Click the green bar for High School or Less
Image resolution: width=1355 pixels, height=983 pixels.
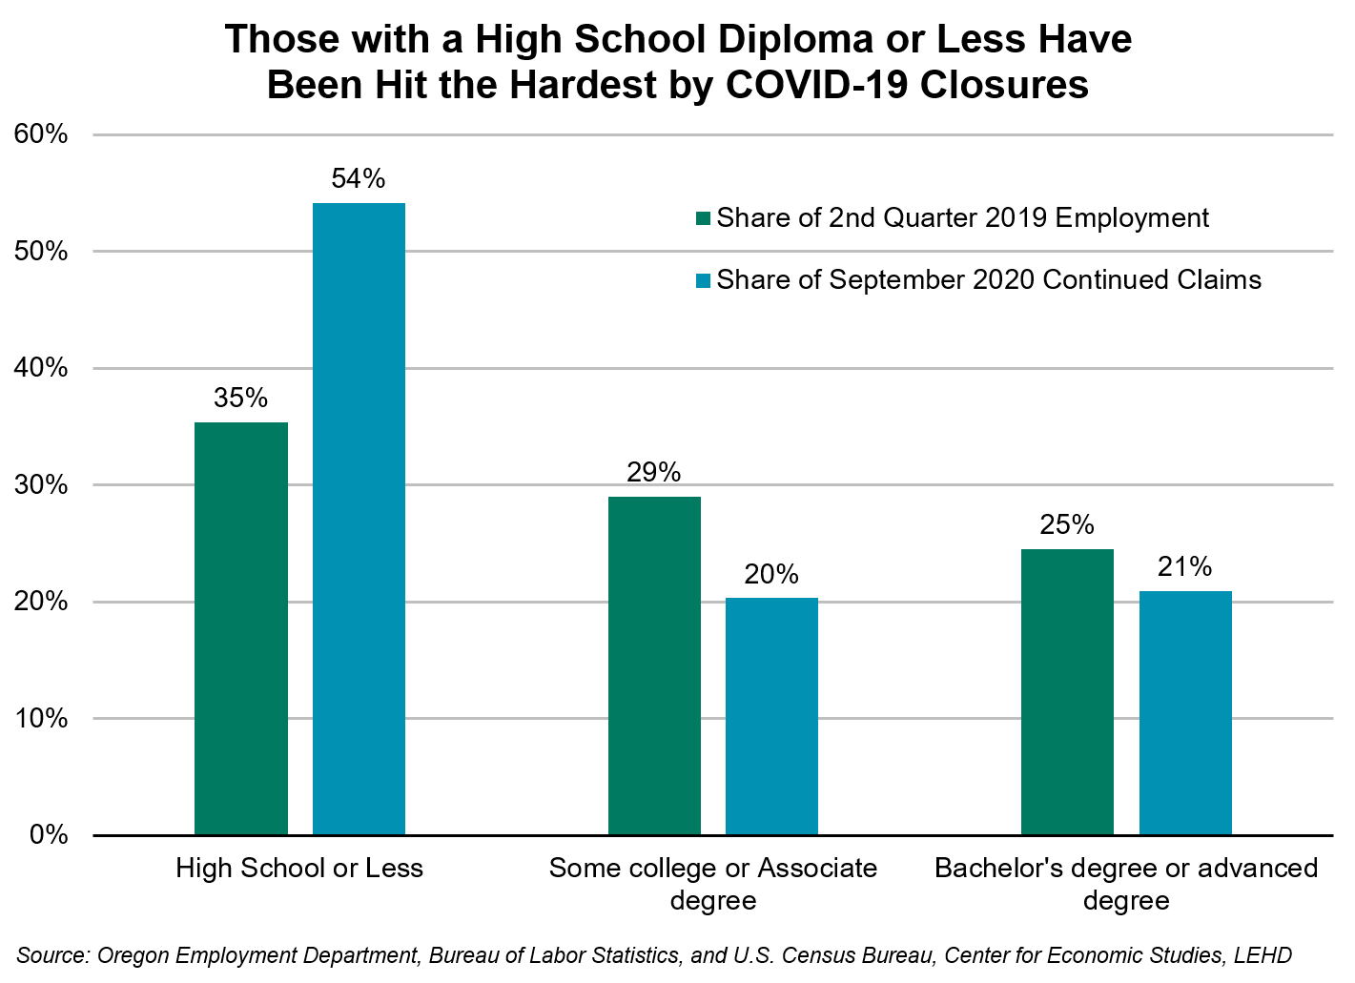coord(241,628)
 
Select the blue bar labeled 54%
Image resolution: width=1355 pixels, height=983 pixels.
coord(359,519)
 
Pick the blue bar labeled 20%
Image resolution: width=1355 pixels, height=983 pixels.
coord(771,716)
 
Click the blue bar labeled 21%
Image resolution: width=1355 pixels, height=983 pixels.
coord(1185,712)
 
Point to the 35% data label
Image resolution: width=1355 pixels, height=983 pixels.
coord(241,398)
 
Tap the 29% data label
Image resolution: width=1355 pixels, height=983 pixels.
coord(654,472)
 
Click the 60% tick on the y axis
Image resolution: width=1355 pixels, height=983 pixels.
coord(42,134)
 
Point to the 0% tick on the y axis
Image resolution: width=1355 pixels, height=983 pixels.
coord(49,835)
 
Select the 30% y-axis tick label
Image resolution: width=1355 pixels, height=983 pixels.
coord(42,485)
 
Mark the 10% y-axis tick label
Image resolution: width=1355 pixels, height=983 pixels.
coord(42,719)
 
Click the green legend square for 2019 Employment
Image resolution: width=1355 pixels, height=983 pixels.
coord(704,218)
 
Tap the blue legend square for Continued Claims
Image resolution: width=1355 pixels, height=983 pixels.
coord(704,280)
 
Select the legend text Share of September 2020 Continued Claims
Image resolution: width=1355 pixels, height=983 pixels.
coord(989,279)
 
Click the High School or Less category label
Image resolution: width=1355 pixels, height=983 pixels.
coord(299,869)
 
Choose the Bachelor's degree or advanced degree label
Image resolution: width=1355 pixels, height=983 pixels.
coord(1126,884)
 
